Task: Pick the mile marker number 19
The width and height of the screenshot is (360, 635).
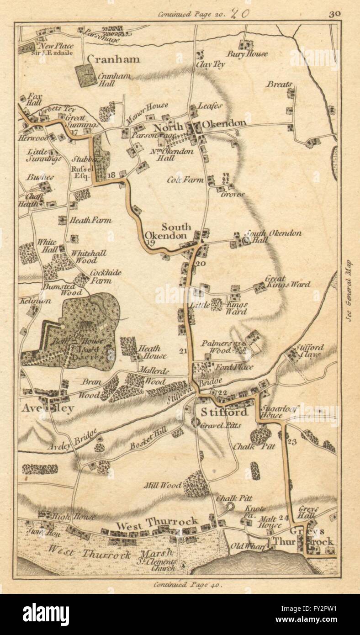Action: pyautogui.click(x=151, y=243)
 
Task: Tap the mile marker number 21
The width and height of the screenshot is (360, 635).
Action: pyautogui.click(x=184, y=351)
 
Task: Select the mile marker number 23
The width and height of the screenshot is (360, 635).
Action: pyautogui.click(x=293, y=441)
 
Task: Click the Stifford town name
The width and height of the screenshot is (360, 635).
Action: pyautogui.click(x=224, y=413)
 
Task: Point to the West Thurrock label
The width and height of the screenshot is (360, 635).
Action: pyautogui.click(x=157, y=521)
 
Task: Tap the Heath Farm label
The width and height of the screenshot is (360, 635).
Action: pyautogui.click(x=90, y=220)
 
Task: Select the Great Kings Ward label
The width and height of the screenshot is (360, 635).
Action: pyautogui.click(x=287, y=281)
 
